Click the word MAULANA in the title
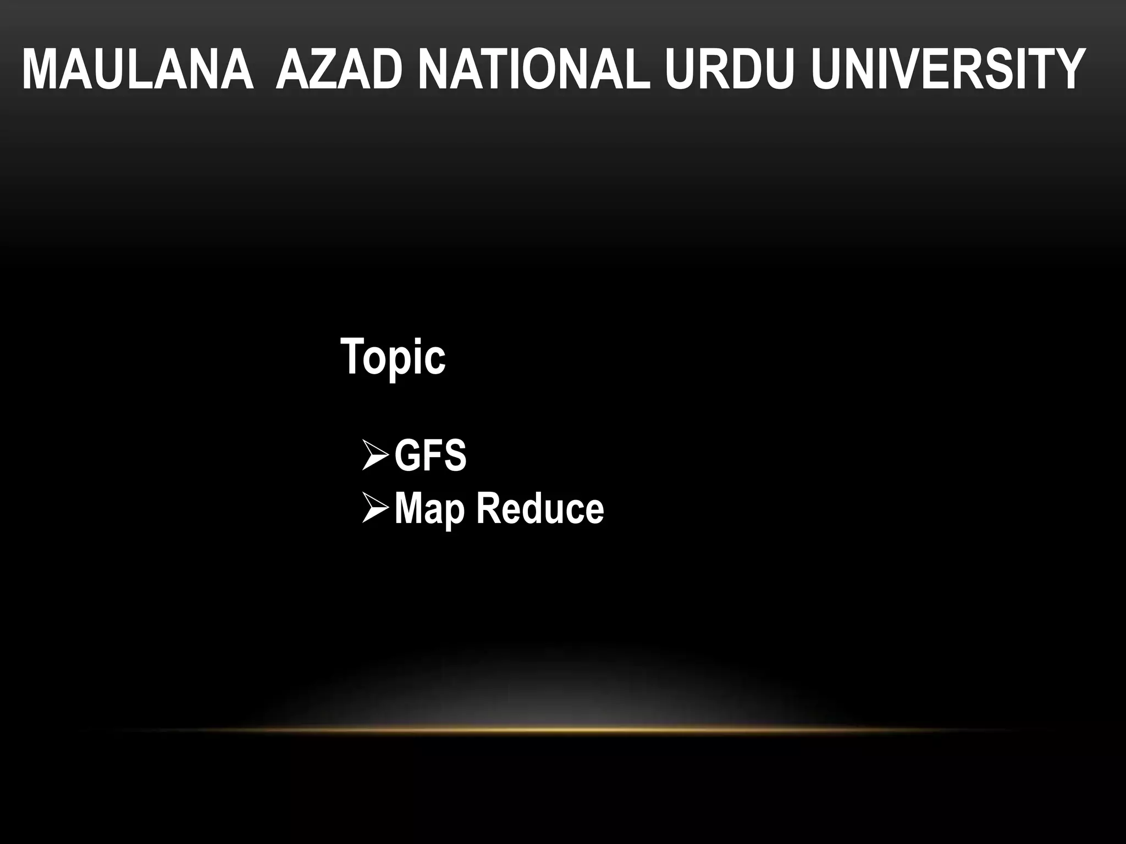pyautogui.click(x=137, y=70)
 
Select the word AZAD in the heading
pyautogui.click(x=337, y=70)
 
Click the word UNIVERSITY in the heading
pyautogui.click(x=947, y=70)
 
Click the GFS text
pyautogui.click(x=430, y=456)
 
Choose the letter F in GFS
pyautogui.click(x=432, y=456)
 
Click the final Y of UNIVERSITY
pyautogui.click(x=1068, y=70)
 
